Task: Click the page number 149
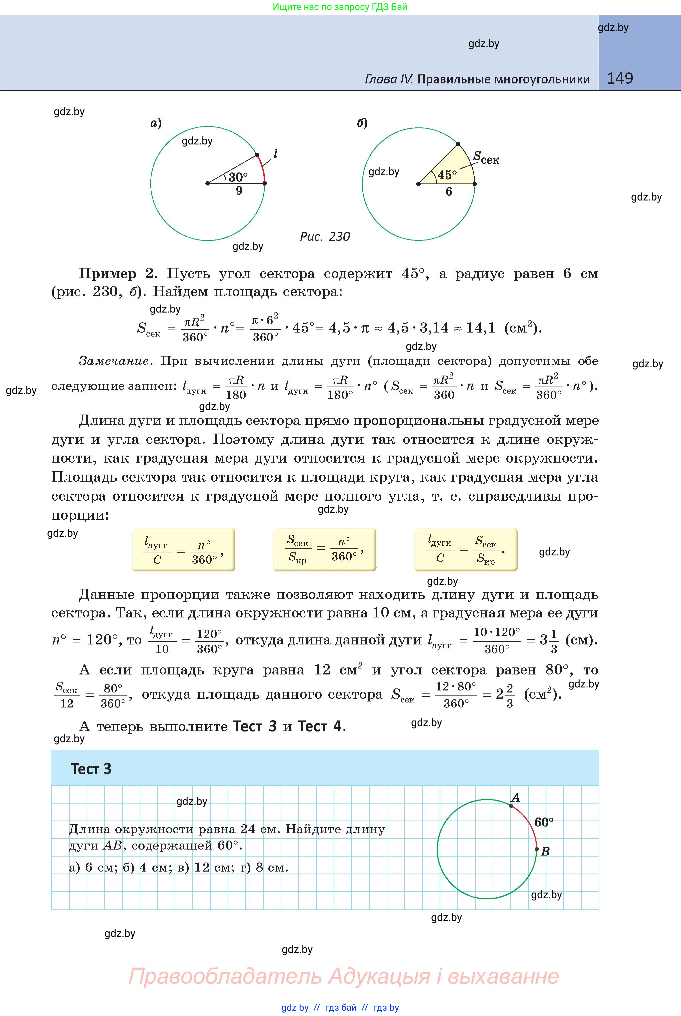619,79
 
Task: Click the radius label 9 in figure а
239,191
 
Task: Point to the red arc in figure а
262,168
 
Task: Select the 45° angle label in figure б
447,175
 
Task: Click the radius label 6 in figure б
449,192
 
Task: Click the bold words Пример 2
116,274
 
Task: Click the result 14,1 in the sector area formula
480,328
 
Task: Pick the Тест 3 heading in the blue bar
91,769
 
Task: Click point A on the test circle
511,806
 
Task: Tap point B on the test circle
536,849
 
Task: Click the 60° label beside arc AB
544,822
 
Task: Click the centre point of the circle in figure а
208,183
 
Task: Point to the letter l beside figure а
275,154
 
